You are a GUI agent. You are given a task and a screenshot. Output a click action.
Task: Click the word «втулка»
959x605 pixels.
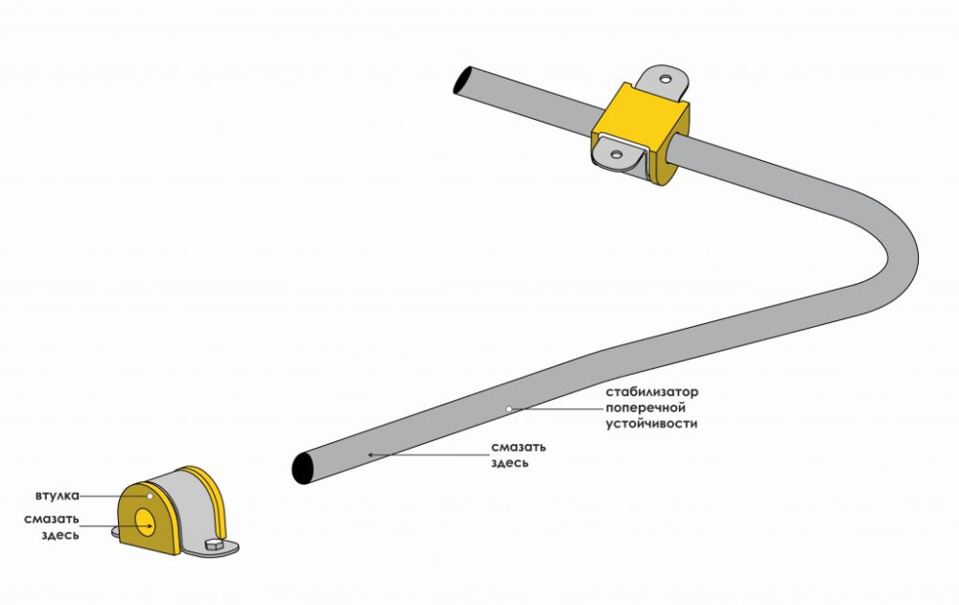(57, 496)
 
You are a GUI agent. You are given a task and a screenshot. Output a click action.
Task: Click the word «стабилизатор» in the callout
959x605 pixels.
(651, 392)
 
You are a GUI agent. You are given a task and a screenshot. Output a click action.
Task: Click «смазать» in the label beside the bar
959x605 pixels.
(518, 448)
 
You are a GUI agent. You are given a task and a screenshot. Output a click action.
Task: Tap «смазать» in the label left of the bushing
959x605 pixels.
(52, 520)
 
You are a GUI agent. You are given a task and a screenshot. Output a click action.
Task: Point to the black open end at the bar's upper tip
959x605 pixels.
(464, 80)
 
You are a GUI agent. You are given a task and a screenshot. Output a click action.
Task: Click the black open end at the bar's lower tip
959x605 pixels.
(303, 469)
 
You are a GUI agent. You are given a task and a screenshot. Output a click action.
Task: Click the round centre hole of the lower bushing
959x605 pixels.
(145, 524)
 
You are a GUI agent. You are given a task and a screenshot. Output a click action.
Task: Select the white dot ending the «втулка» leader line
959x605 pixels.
(151, 496)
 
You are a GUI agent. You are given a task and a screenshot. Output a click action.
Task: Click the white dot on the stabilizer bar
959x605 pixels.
(510, 409)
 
